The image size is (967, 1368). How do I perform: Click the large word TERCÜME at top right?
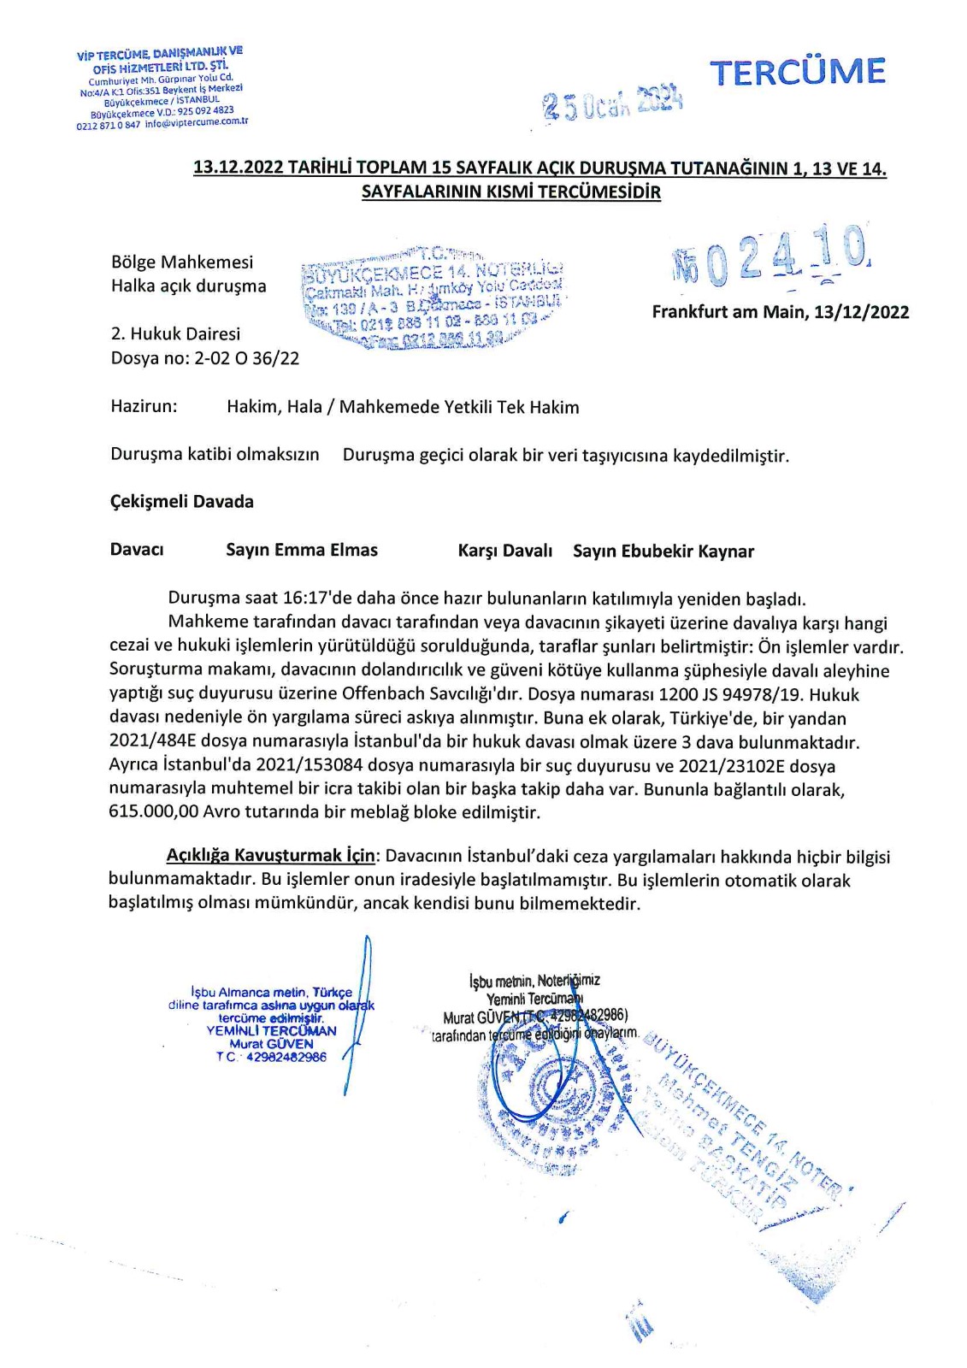(x=798, y=72)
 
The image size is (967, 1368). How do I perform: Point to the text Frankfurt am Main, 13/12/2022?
(x=780, y=312)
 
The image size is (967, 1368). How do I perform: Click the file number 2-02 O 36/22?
(x=246, y=358)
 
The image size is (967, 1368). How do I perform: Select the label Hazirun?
(x=144, y=406)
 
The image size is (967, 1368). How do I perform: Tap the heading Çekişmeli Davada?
(x=182, y=501)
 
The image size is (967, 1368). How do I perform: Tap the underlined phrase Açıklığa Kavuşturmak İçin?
(x=270, y=856)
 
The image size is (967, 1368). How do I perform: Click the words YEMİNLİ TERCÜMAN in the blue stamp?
(x=271, y=1030)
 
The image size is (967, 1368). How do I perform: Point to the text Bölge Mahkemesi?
(x=182, y=262)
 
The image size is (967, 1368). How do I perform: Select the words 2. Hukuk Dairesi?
(x=175, y=334)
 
